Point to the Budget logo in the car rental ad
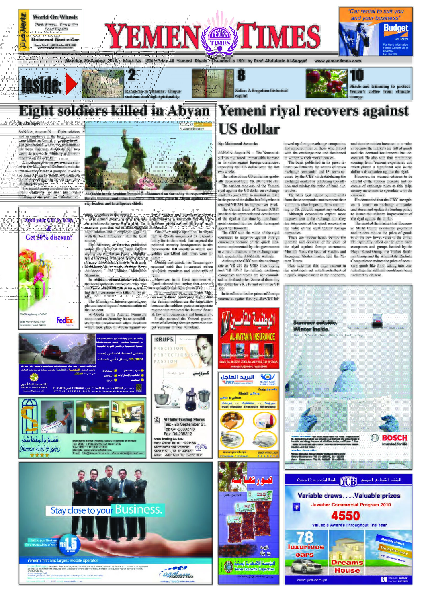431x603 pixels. [395, 29]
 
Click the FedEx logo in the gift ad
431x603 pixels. [64, 320]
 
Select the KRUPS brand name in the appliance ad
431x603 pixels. [164, 339]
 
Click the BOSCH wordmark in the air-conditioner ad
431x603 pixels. [394, 438]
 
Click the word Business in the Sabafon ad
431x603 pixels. [138, 509]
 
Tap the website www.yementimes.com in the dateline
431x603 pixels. [338, 61]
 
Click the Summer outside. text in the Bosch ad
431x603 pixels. [315, 323]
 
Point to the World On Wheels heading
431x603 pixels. [55, 17]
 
